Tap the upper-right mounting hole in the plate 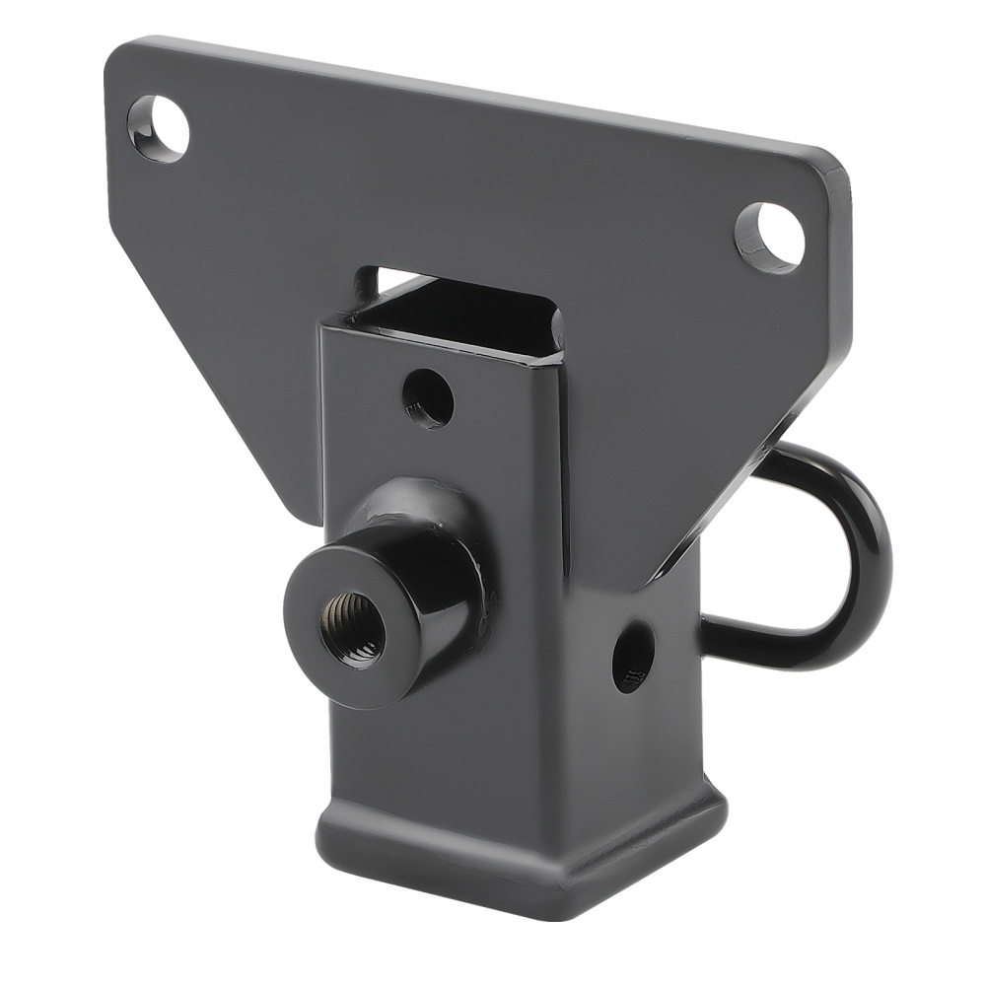point(770,238)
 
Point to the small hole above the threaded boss point(429,399)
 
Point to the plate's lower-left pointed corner point(301,513)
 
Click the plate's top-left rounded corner point(123,54)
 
